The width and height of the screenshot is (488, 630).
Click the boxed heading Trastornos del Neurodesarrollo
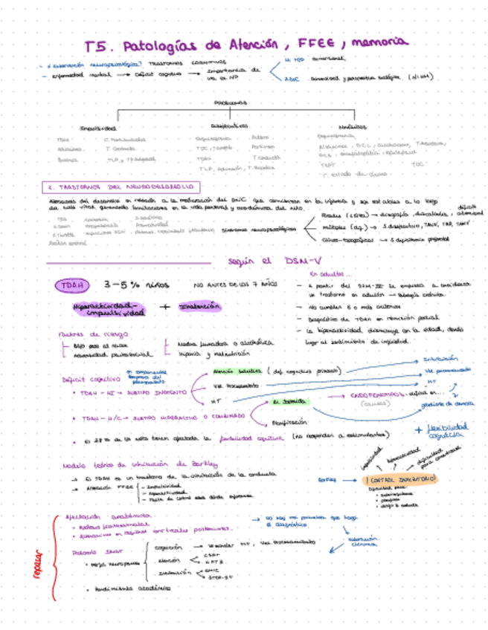pyautogui.click(x=122, y=186)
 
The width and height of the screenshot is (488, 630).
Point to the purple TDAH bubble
pyautogui.click(x=72, y=285)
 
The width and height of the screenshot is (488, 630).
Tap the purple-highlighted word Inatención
pyautogui.click(x=199, y=305)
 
